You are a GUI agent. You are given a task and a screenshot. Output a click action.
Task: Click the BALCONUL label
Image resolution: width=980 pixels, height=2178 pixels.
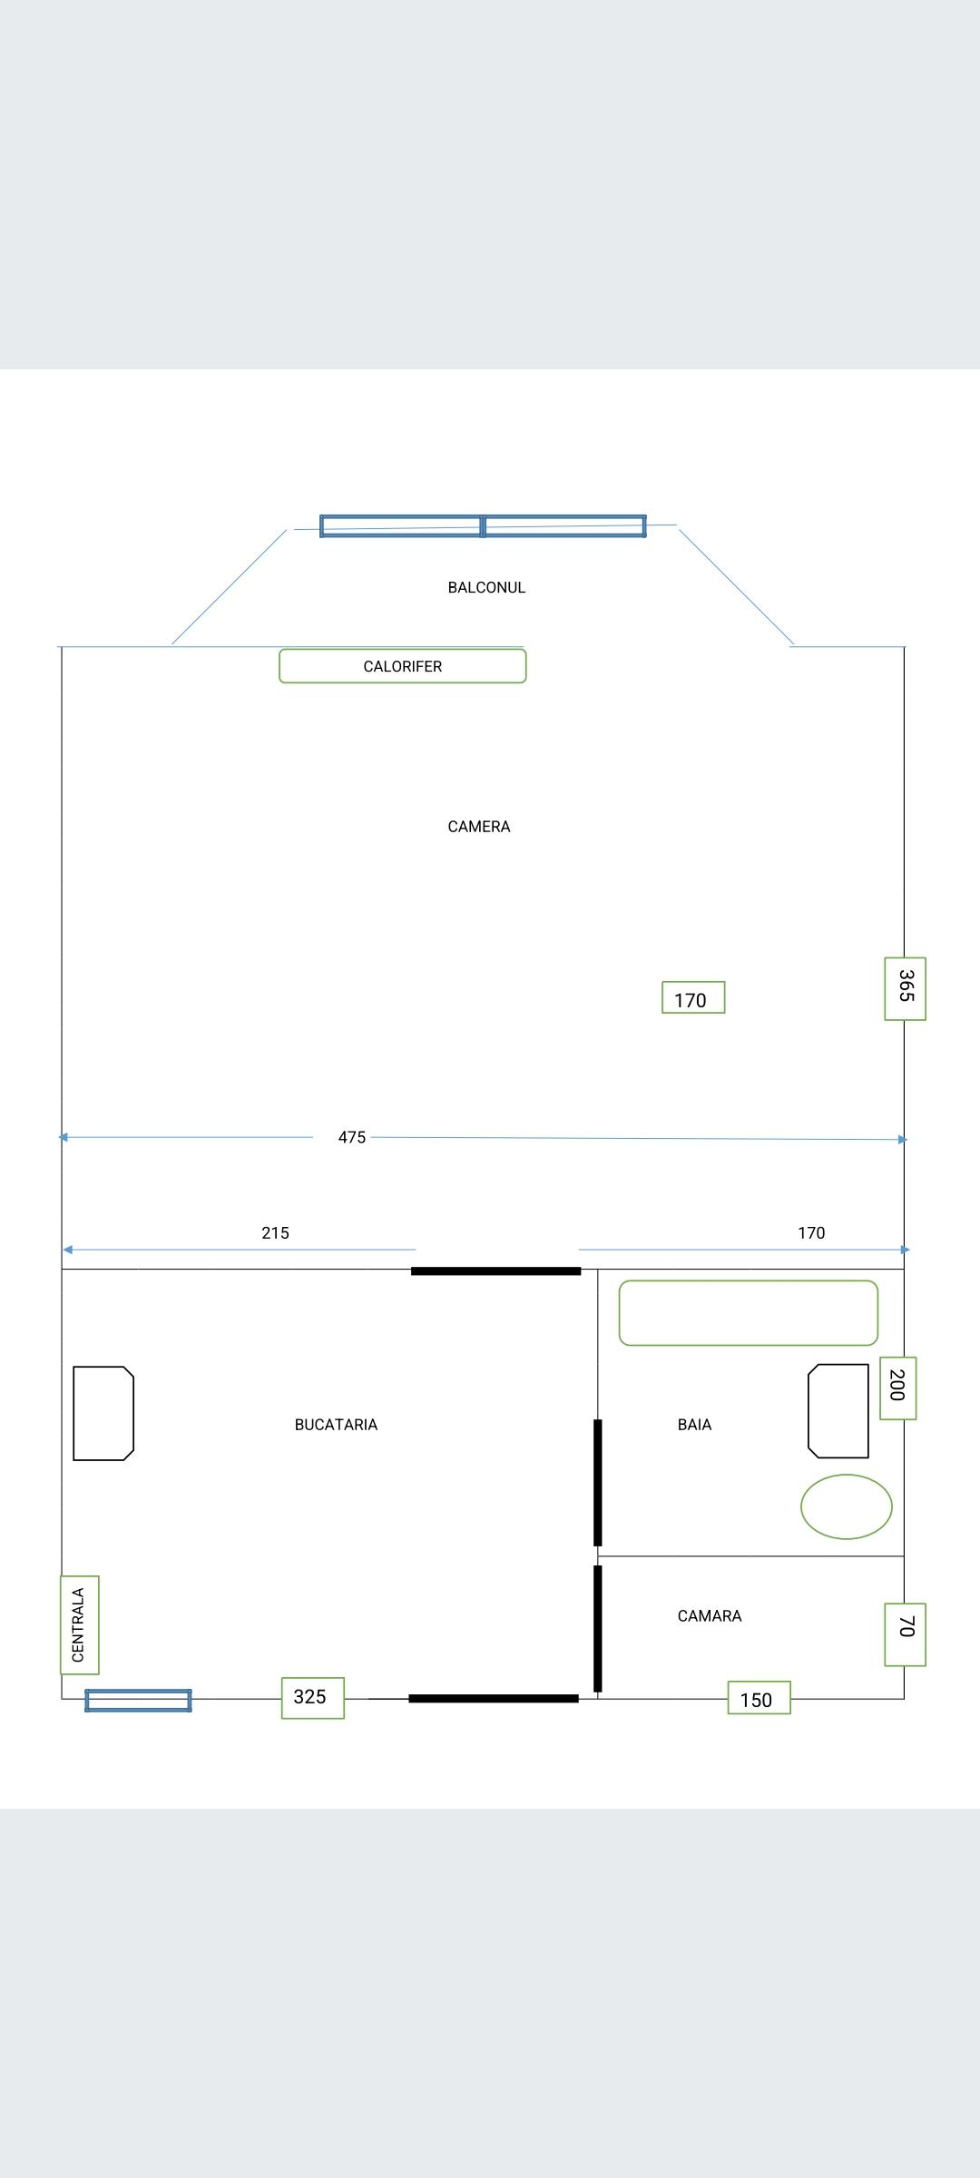(486, 587)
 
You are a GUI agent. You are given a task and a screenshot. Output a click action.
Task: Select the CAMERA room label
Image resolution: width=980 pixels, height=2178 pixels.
(479, 827)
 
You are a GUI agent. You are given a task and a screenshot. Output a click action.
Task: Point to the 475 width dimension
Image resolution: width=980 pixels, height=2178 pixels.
(352, 1137)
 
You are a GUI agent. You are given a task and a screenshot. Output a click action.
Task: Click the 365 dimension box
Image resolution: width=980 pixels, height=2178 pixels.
(905, 988)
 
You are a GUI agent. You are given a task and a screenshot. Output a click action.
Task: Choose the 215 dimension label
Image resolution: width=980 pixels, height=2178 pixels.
(275, 1232)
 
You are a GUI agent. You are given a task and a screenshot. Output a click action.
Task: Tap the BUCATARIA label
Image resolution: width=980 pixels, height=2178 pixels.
(336, 1425)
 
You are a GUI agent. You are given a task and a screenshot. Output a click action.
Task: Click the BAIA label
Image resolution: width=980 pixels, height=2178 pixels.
(694, 1425)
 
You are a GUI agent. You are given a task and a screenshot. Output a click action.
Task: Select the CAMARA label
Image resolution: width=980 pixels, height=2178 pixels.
(710, 1615)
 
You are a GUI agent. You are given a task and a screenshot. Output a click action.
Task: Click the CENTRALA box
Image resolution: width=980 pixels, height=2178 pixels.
(79, 1624)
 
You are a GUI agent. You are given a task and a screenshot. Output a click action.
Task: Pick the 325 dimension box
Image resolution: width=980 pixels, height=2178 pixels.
(312, 1697)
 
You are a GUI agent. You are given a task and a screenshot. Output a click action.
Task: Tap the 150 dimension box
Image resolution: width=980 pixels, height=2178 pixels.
(759, 1698)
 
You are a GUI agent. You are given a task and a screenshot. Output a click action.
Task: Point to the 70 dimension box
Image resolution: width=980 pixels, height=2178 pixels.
(905, 1634)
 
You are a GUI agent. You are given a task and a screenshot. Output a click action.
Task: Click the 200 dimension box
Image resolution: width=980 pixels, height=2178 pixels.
(897, 1388)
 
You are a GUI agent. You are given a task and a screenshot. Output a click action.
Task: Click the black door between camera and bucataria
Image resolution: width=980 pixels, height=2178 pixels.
(495, 1270)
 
